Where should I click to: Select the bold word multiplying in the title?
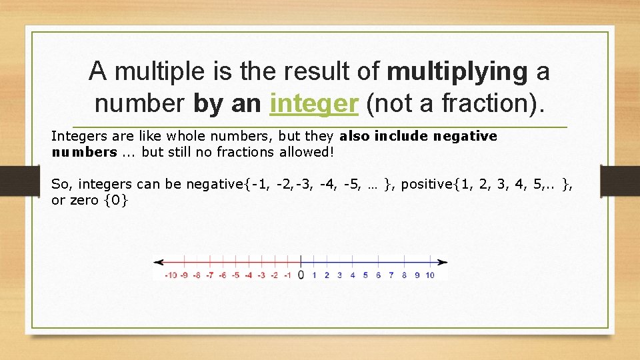(x=457, y=71)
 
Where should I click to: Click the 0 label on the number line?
(x=301, y=275)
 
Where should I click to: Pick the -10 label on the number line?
(x=171, y=275)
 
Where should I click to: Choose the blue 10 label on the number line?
(x=429, y=275)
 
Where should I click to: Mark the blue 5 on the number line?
(x=365, y=275)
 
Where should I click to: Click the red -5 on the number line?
(x=235, y=275)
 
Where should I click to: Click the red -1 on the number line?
(x=287, y=275)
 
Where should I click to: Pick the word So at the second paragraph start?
(x=59, y=184)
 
